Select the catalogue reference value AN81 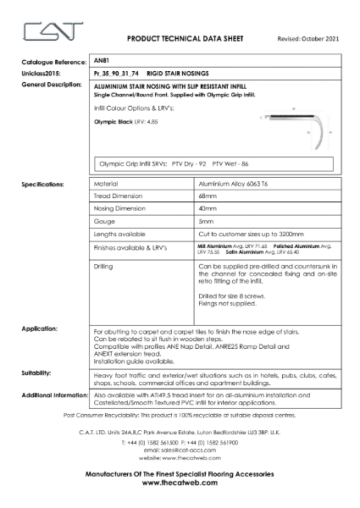pyautogui.click(x=102, y=62)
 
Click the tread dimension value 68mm pyautogui.click(x=204, y=195)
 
